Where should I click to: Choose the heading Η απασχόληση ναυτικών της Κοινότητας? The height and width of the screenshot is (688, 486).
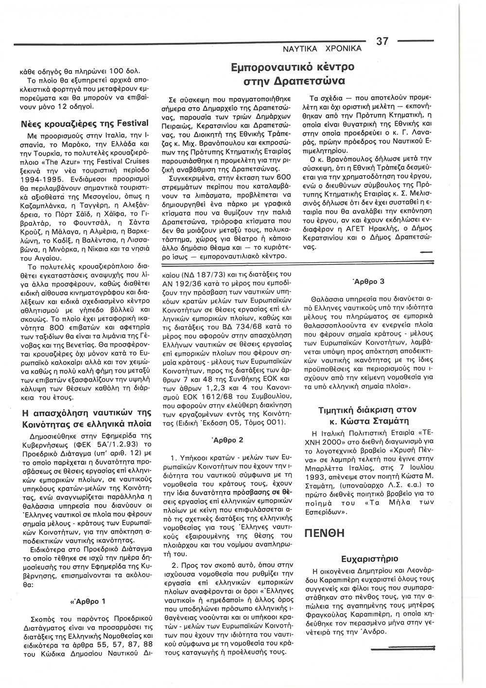[x=87, y=418]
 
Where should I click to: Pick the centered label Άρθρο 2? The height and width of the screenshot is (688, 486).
[x=223, y=439]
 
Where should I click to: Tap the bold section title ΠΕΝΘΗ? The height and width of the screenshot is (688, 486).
[x=324, y=532]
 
